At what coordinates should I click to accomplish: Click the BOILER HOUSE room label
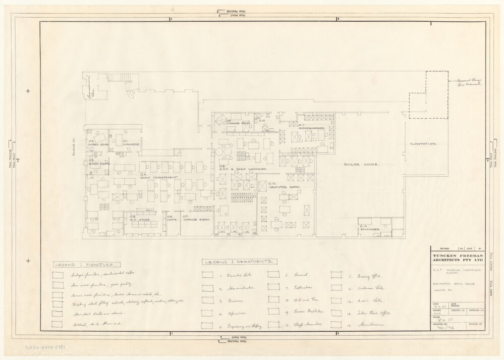[361, 165]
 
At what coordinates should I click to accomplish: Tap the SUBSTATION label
[423, 144]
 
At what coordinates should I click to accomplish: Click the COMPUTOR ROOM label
[284, 185]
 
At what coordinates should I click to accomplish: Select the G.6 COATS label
[172, 218]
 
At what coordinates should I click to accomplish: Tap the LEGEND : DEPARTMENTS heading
[239, 263]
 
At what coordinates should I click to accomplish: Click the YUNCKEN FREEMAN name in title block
[457, 256]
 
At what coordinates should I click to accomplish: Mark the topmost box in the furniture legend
[58, 275]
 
